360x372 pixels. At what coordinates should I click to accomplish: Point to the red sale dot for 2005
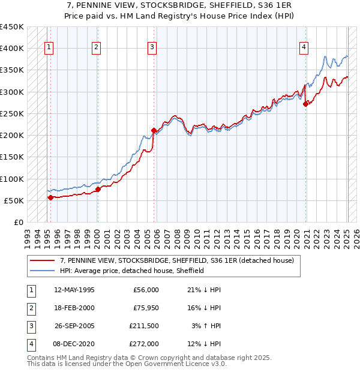[154, 130]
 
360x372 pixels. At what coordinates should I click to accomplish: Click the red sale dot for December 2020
[306, 104]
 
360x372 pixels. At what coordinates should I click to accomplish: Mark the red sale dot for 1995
[50, 197]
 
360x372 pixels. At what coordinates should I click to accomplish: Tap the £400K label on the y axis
[12, 49]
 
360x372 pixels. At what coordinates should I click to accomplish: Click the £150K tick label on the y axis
[12, 157]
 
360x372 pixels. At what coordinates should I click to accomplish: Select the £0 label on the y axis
[19, 223]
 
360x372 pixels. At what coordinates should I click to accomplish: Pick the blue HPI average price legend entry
[132, 271]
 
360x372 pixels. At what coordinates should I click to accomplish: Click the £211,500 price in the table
[144, 327]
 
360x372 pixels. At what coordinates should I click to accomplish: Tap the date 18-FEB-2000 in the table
[74, 308]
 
